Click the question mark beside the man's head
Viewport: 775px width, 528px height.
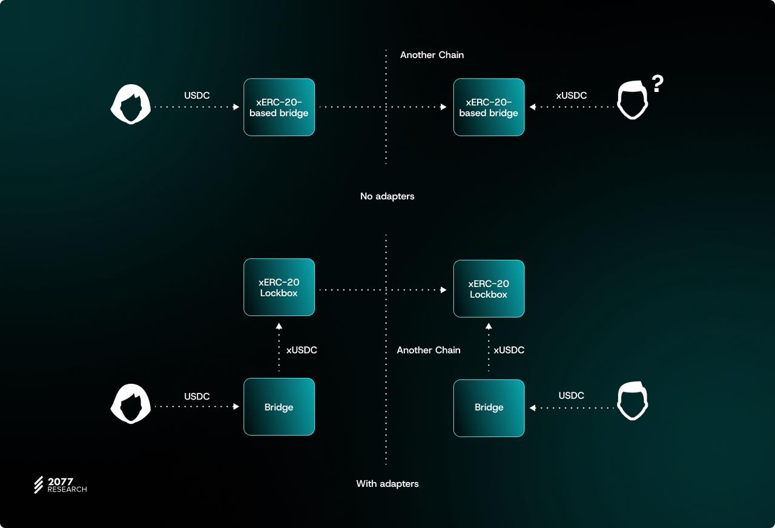658,84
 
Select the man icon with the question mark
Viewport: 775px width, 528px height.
633,100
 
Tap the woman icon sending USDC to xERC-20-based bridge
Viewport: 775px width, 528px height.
130,104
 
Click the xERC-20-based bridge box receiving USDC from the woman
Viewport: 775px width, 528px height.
279,107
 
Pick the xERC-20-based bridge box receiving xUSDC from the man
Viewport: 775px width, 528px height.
489,107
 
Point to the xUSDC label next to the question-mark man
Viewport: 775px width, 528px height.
571,95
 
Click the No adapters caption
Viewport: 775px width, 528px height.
387,196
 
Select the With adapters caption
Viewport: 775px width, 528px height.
387,484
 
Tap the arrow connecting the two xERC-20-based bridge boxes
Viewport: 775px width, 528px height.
383,107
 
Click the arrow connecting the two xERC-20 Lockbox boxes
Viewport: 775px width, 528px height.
383,290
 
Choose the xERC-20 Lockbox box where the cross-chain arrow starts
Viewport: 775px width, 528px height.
279,287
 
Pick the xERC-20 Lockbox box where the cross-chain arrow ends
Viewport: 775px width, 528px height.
489,289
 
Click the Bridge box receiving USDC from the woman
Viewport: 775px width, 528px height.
279,407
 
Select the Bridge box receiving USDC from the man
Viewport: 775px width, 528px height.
489,408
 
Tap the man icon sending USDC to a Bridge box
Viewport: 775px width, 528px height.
633,401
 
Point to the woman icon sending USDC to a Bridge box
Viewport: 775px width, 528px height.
130,404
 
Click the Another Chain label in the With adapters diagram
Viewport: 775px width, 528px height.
428,350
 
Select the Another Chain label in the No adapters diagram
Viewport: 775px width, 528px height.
432,54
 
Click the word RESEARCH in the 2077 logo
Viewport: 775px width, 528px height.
67,489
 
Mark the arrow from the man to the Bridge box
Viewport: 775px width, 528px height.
572,408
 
